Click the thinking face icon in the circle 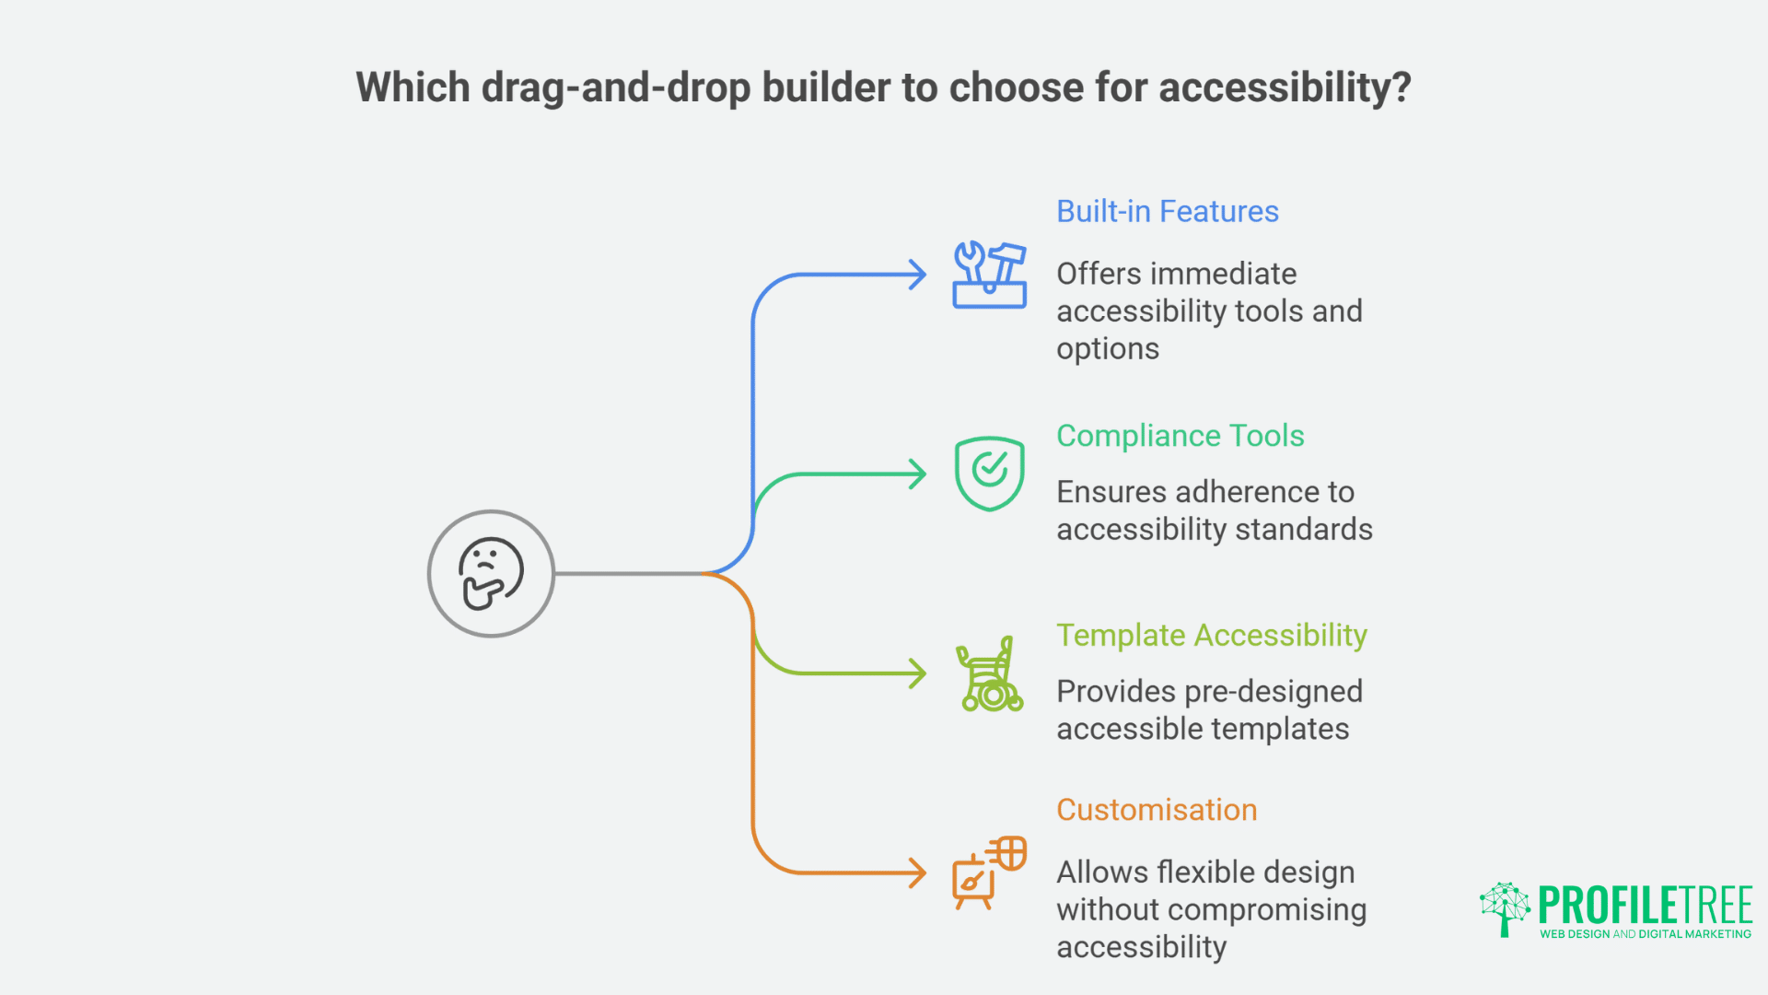pos(491,573)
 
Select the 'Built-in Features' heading pos(1167,212)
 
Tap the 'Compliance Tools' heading pos(1180,436)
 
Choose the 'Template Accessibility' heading pos(1211,636)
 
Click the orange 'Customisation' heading pos(1156,810)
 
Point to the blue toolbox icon pos(989,275)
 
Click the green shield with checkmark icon pos(989,474)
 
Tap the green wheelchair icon pos(989,674)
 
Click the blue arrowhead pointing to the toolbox pos(918,275)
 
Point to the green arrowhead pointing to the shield pos(918,474)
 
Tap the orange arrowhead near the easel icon pos(918,872)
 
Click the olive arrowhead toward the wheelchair pos(918,673)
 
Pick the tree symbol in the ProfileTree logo pos(1505,908)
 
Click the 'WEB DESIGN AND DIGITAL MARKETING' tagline pos(1645,934)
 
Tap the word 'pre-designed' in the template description pos(1271,692)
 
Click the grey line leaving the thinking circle pos(626,573)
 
